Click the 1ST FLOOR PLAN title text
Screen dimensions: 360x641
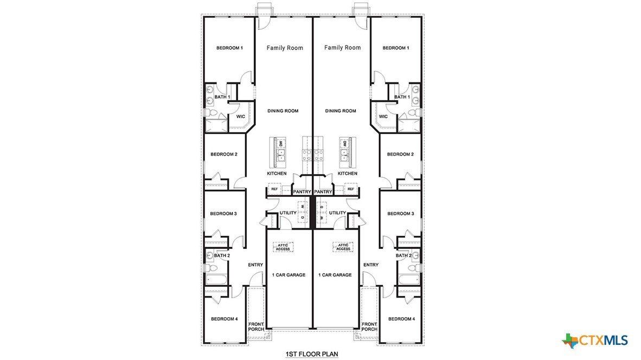point(311,354)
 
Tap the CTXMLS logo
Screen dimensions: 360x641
point(595,340)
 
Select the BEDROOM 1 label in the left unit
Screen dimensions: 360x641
point(229,48)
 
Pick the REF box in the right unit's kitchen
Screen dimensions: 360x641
point(351,190)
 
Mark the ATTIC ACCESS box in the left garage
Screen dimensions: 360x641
point(283,247)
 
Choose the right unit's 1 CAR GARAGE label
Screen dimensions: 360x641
point(335,275)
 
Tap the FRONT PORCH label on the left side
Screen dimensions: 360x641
point(256,327)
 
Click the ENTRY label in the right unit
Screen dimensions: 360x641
point(371,265)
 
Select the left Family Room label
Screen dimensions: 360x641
point(285,48)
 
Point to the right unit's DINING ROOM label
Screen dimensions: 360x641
point(341,111)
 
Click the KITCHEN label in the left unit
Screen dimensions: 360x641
point(277,173)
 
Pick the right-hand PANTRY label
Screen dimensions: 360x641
point(323,192)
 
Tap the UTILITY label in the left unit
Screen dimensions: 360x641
point(288,213)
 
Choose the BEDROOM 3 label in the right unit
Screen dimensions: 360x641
point(400,214)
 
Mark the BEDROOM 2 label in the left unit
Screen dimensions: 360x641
point(224,155)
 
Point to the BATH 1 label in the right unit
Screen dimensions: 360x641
point(402,97)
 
